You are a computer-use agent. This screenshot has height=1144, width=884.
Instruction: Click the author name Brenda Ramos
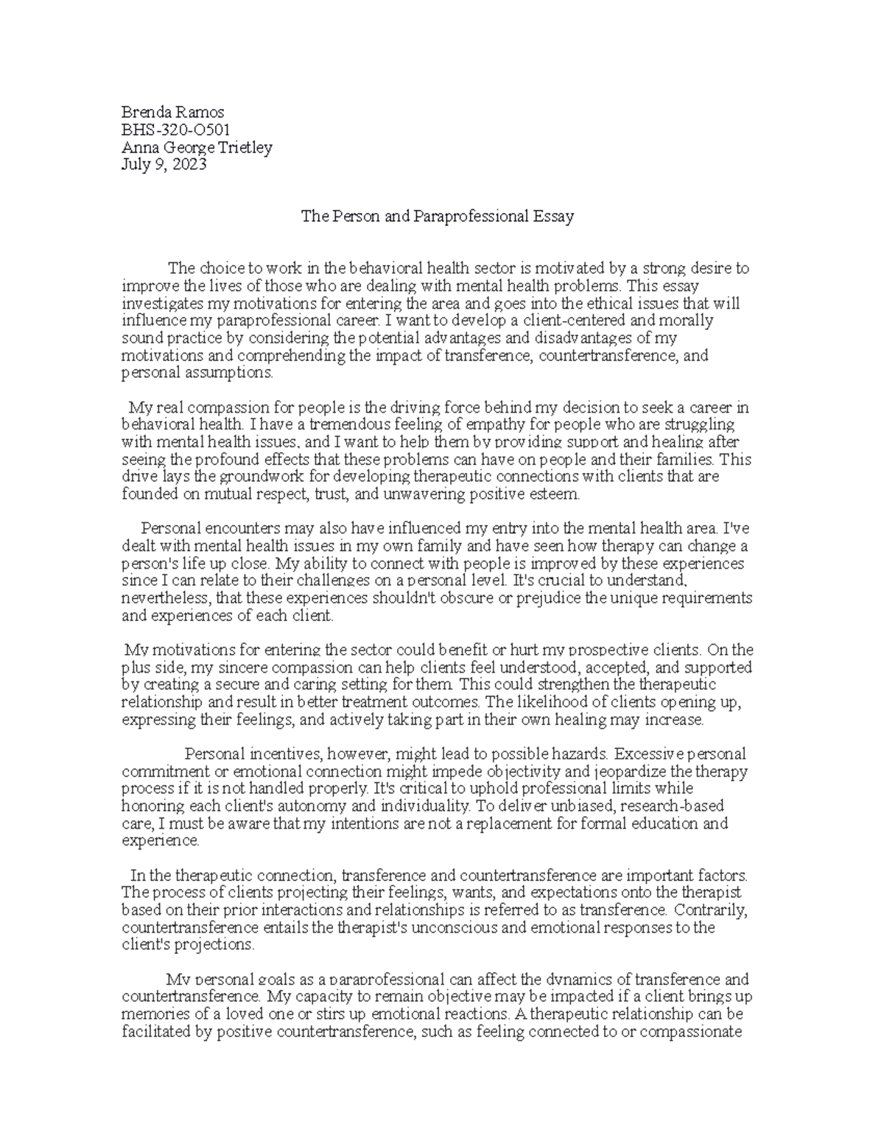(x=172, y=112)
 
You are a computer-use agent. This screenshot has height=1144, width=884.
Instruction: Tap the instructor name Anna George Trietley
(x=197, y=147)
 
